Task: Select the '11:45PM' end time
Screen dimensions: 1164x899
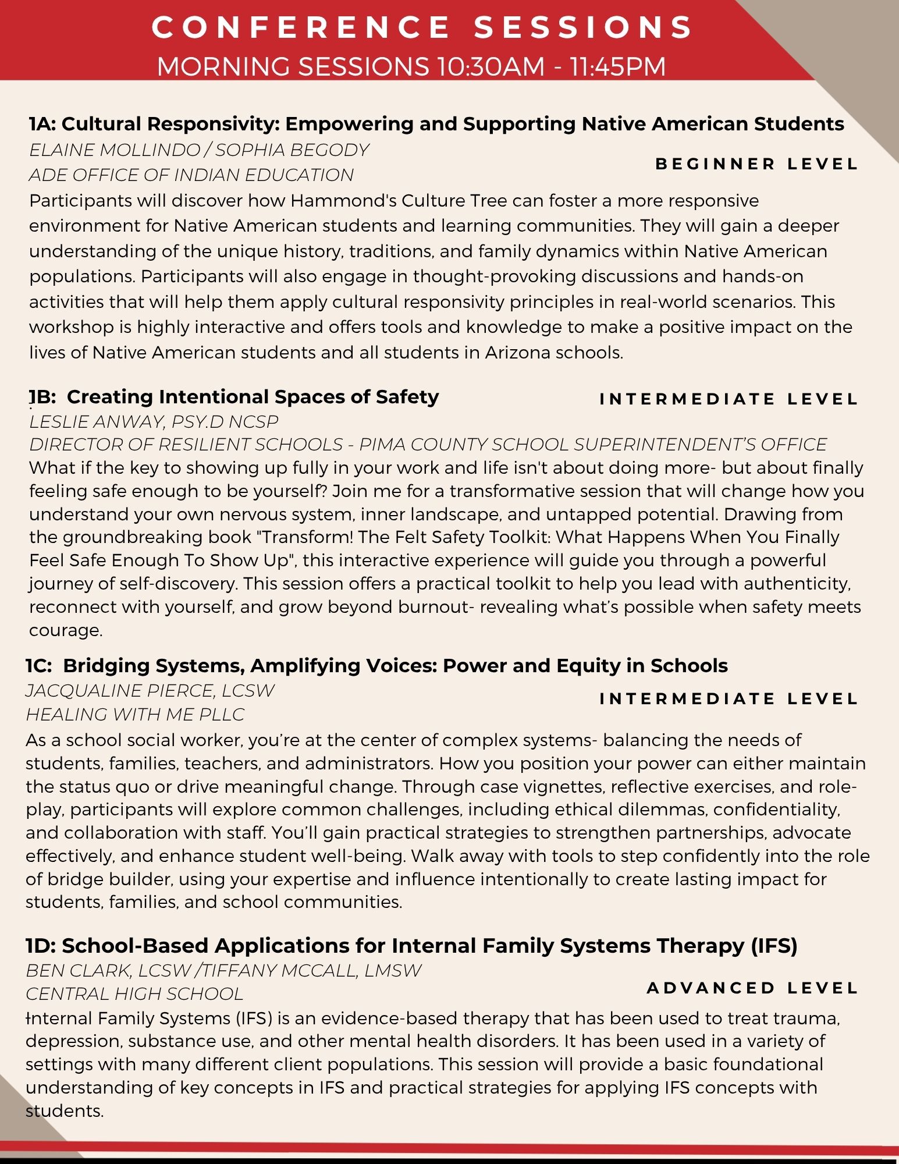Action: click(x=618, y=66)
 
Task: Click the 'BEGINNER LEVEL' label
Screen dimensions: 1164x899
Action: click(x=756, y=164)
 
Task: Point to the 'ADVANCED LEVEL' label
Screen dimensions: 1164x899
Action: click(x=752, y=988)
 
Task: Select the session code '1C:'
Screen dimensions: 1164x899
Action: click(x=39, y=665)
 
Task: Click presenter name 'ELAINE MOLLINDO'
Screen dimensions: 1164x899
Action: click(x=115, y=150)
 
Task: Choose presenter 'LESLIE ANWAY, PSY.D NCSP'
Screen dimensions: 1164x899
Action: click(x=154, y=421)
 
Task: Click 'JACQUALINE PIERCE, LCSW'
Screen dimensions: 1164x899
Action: click(x=150, y=690)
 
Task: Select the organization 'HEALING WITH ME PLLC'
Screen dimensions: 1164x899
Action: click(x=135, y=714)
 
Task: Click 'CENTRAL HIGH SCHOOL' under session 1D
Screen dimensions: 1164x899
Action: click(x=134, y=993)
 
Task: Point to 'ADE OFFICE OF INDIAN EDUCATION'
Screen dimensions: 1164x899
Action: click(x=191, y=175)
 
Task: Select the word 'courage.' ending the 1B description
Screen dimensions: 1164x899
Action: click(x=66, y=630)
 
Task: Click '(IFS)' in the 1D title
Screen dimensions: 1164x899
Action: click(x=774, y=946)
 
